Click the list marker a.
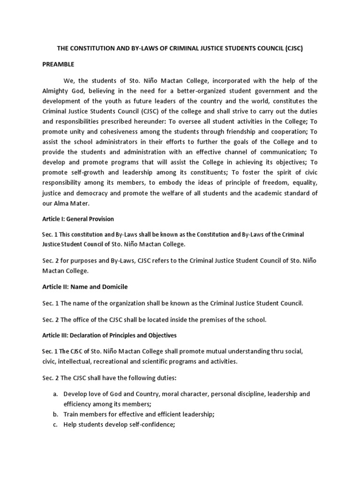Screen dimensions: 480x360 pyautogui.click(x=55, y=394)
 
